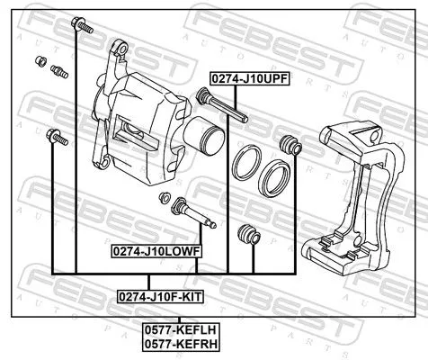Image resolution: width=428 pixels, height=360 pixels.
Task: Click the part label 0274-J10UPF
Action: coord(249,78)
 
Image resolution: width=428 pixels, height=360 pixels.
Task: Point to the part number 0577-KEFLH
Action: coord(183,329)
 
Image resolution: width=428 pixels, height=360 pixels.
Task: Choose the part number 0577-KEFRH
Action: coord(183,343)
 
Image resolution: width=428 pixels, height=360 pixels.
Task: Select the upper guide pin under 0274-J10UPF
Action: coord(220,107)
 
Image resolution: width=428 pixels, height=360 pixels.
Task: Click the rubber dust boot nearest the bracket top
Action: coord(290,144)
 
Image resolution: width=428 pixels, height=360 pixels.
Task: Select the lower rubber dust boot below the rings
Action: coord(245,235)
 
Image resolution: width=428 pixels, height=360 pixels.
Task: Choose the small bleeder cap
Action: coord(40,61)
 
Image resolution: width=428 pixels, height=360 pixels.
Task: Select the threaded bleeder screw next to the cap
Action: coord(59,71)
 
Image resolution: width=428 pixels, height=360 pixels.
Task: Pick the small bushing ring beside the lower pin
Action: coord(165,197)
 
